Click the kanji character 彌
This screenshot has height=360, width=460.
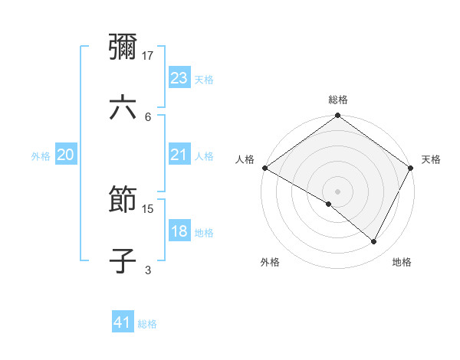point(123,48)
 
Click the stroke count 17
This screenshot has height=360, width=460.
point(149,55)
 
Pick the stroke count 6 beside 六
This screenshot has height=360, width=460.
point(148,116)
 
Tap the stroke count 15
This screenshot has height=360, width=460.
point(149,208)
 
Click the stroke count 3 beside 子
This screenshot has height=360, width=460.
point(148,270)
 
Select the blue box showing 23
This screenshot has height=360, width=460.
point(179,78)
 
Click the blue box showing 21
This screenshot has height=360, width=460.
point(179,155)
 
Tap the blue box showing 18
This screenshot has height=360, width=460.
point(179,232)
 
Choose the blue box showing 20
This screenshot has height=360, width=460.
point(66,155)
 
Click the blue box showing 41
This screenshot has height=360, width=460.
point(123,323)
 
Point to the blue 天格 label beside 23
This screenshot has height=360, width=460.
point(204,79)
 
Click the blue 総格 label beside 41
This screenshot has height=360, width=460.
point(147,324)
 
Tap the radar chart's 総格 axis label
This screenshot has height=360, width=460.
point(338,100)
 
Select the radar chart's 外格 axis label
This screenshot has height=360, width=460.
point(270,262)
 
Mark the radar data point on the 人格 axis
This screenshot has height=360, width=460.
point(264,168)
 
